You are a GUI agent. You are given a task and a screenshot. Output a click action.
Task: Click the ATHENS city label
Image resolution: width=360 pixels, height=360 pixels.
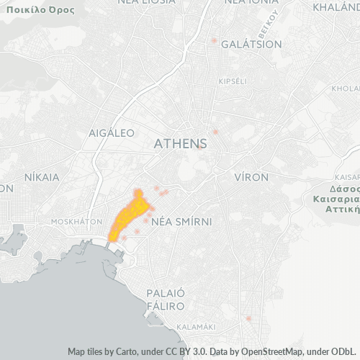pyautogui.click(x=180, y=144)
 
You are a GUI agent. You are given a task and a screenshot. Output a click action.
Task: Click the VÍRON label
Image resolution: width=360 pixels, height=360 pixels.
pyautogui.click(x=251, y=176)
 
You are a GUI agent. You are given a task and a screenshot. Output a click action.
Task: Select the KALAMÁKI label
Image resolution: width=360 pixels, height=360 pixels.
pyautogui.click(x=196, y=326)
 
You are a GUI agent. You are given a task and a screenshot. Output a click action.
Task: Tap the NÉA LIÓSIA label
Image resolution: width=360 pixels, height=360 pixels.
pyautogui.click(x=146, y=2)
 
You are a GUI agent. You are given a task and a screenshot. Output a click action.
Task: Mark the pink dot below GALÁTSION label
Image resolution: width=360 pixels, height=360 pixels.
pyautogui.click(x=214, y=40)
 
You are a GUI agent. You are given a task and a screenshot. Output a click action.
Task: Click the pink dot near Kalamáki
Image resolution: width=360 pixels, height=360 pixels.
pyautogui.click(x=248, y=318)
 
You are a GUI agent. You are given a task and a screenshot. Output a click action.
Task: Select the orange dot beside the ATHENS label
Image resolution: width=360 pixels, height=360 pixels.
pyautogui.click(x=198, y=148)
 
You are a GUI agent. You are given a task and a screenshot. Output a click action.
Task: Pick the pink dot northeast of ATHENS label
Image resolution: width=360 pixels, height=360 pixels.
pyautogui.click(x=215, y=132)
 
